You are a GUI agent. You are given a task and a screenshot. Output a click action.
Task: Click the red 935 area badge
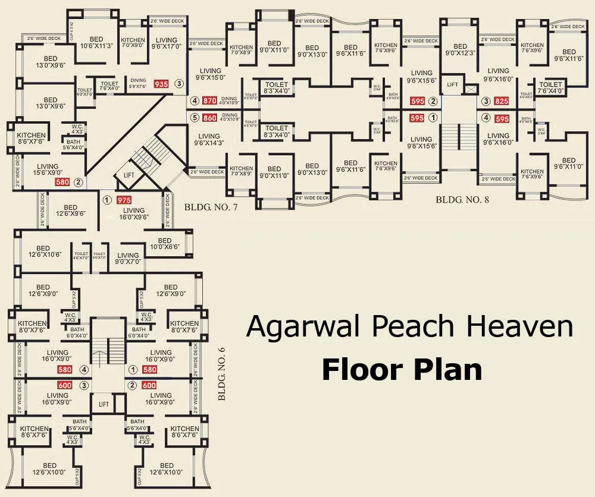(x=161, y=84)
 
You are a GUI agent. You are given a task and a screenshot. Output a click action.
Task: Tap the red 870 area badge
(x=209, y=101)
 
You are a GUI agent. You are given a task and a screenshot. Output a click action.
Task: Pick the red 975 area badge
(x=124, y=200)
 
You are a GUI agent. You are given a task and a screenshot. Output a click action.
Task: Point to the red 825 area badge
(x=502, y=101)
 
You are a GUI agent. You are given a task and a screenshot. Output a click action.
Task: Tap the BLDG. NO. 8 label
(x=462, y=200)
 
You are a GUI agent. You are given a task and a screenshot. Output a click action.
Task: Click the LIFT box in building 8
(x=452, y=85)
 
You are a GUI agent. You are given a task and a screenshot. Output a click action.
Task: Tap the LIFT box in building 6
(x=104, y=404)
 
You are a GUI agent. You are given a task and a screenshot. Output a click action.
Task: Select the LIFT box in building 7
(x=129, y=176)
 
